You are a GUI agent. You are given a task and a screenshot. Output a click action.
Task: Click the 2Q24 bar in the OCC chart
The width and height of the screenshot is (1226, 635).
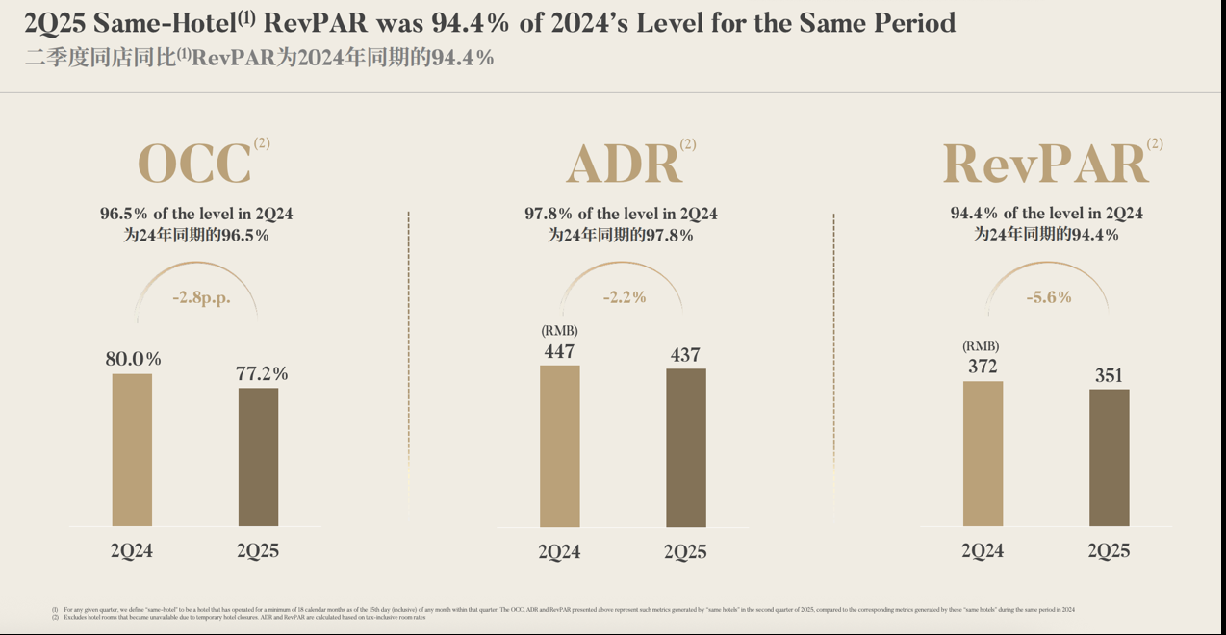[132, 449]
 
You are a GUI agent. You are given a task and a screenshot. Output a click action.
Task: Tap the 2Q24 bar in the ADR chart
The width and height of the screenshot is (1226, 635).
[559, 445]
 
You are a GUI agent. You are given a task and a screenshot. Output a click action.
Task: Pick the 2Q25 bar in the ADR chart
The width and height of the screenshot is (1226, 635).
[685, 447]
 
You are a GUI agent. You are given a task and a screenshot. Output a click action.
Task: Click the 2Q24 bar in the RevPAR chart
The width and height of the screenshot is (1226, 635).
[983, 453]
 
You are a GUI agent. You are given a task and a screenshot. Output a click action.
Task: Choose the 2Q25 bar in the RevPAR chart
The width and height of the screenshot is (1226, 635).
[1109, 457]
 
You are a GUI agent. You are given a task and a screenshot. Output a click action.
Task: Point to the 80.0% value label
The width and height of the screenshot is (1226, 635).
[133, 359]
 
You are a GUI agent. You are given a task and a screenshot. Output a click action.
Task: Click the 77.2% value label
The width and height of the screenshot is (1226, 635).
[262, 373]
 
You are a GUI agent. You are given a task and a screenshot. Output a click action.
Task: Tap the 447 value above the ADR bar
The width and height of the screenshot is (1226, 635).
[559, 351]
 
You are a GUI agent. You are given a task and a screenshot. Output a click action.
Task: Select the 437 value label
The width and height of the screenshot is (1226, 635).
[685, 355]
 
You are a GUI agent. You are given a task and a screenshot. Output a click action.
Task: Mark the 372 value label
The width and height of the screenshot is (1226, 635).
[983, 367]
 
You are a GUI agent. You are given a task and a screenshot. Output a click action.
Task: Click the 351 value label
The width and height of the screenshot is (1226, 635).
[1109, 375]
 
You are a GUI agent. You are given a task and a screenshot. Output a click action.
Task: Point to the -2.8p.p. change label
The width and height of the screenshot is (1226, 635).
[201, 297]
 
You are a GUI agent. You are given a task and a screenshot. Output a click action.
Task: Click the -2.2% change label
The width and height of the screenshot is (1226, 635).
[625, 297]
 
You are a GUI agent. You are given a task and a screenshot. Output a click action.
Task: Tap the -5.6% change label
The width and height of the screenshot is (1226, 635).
[1049, 297]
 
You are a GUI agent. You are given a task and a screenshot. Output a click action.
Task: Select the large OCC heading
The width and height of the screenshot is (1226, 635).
[194, 164]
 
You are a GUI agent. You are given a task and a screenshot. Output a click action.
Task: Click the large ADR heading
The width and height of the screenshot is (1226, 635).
[624, 165]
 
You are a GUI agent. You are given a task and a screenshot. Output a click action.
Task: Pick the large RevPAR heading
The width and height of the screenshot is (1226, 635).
[1045, 164]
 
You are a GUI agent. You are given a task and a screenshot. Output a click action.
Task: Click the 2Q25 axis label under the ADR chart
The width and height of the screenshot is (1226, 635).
[685, 552]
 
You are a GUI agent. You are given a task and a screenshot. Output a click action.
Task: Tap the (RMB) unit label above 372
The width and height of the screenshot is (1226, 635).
[981, 346]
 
